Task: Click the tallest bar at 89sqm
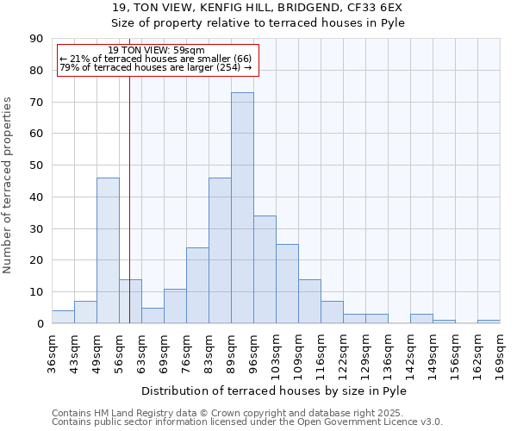click(x=242, y=208)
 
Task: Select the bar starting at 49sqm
click(x=108, y=250)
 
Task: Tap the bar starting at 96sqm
click(x=265, y=269)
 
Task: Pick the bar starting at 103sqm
click(x=287, y=284)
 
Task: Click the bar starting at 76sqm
click(x=197, y=285)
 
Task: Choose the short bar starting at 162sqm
click(x=489, y=322)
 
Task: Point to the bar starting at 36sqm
click(x=63, y=316)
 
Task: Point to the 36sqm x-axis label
click(x=52, y=351)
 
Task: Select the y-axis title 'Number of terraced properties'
click(x=9, y=184)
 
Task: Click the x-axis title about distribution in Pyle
click(x=273, y=390)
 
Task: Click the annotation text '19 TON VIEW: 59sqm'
click(x=157, y=50)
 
